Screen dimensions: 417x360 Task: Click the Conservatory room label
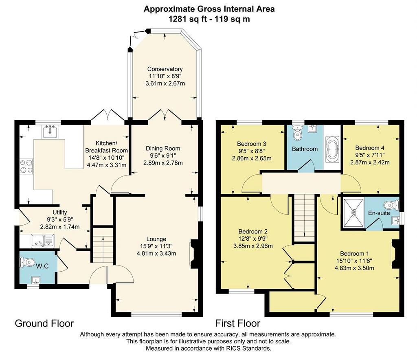[165, 69]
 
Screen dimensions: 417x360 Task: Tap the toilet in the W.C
[28, 262]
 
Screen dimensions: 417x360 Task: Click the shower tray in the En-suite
[354, 213]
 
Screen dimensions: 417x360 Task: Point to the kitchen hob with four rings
[26, 166]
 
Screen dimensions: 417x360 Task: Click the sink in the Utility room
[43, 241]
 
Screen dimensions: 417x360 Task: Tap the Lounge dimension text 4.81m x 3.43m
[156, 253]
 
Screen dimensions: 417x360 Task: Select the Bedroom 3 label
[252, 144]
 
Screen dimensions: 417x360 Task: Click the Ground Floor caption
[44, 323]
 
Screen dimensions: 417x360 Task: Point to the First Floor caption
[237, 323]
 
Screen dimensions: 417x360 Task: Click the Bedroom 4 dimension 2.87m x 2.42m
[370, 162]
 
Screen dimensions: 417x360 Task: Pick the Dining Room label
[163, 148]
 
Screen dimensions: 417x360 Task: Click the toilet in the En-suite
[392, 205]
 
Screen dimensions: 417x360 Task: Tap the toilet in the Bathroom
[297, 132]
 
